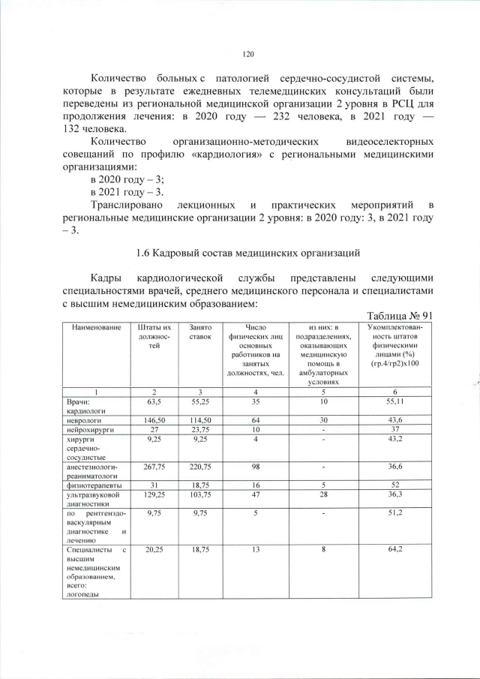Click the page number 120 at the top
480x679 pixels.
coord(249,53)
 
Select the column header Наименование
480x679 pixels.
coord(96,329)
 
